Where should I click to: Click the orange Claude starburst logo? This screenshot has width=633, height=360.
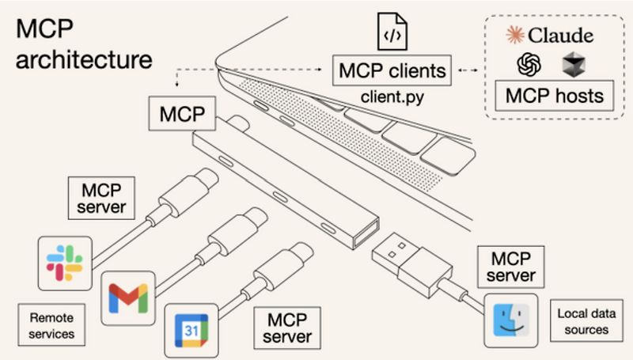pos(515,36)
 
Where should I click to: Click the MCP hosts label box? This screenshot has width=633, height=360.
pos(555,97)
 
